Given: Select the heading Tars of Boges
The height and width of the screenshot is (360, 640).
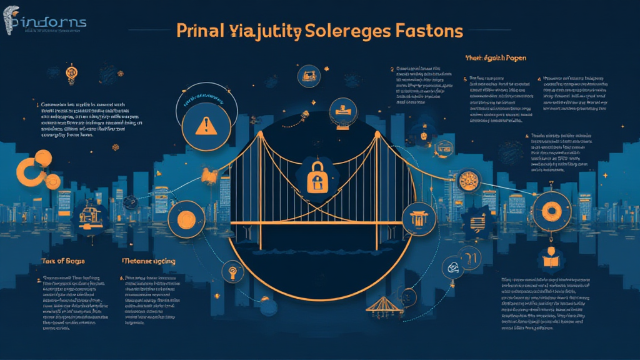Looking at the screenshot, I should (x=63, y=260).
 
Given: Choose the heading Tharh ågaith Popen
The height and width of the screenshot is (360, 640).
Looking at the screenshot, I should (x=495, y=58).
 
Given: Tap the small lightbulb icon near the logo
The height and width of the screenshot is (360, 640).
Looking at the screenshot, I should (x=71, y=74).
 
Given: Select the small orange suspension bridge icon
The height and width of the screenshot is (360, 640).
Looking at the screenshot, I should (x=381, y=306).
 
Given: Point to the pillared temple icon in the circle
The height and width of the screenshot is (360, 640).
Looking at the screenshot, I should (x=417, y=219).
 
